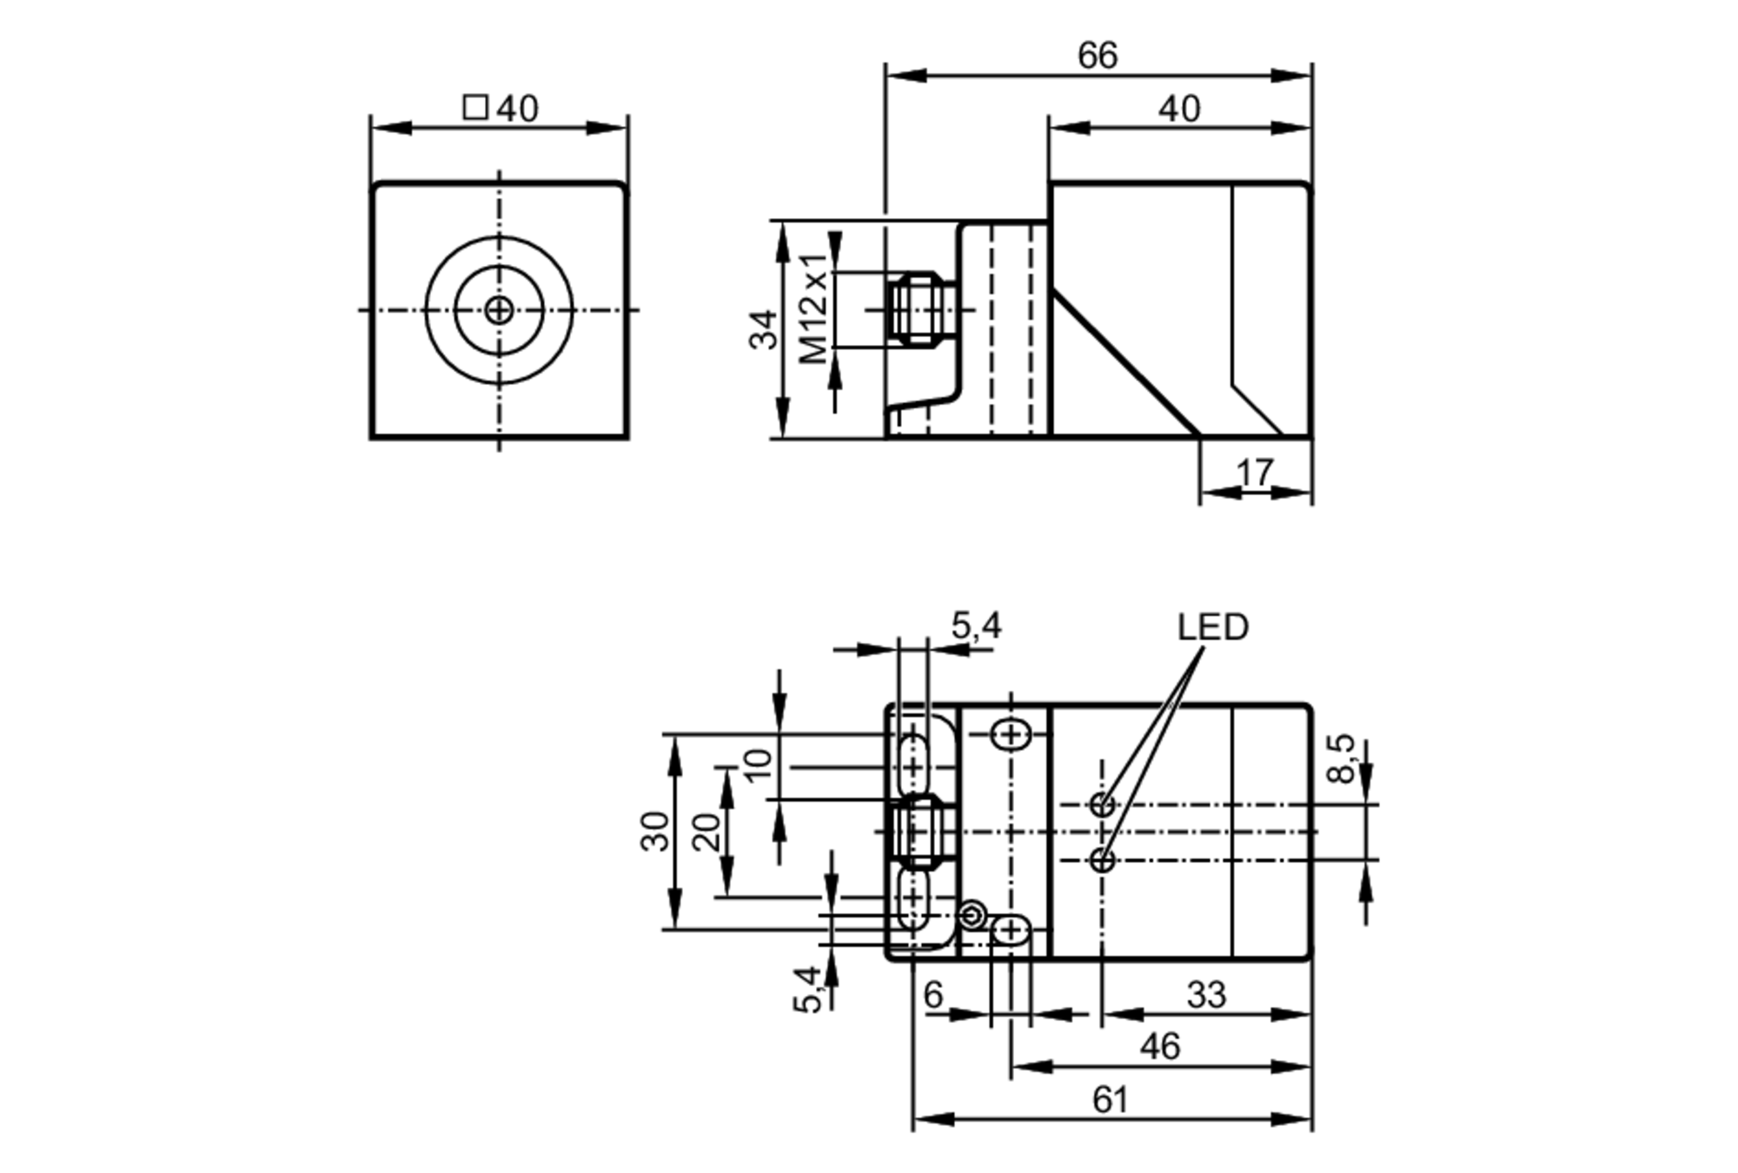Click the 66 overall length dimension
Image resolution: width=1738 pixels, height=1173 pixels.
(1097, 56)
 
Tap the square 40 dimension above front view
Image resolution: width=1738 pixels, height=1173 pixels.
(501, 109)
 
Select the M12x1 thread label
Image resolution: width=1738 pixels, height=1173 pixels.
(813, 308)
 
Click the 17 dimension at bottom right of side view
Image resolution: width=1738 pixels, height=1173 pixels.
(1254, 474)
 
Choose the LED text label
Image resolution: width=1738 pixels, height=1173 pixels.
(1212, 627)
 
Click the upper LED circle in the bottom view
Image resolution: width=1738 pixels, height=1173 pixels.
(1102, 805)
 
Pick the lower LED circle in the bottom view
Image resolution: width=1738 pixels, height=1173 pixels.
(1102, 860)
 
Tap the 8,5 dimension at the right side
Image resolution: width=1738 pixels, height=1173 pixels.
(1341, 758)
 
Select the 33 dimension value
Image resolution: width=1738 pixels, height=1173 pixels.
(1206, 995)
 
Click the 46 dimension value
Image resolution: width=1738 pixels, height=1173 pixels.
(1160, 1047)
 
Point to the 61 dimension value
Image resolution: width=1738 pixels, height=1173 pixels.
(1110, 1100)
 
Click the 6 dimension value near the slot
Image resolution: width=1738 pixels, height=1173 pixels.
(933, 995)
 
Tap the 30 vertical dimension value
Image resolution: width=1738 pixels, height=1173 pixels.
(655, 831)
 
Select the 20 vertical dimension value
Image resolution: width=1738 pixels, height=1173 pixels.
(706, 832)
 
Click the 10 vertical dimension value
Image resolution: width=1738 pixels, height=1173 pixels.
(758, 765)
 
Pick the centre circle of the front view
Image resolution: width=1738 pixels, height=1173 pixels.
(499, 309)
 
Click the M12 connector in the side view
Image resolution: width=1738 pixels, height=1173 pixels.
(918, 308)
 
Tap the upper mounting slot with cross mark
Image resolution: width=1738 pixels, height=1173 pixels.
(1011, 735)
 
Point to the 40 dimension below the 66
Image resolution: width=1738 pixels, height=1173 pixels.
(1179, 109)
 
